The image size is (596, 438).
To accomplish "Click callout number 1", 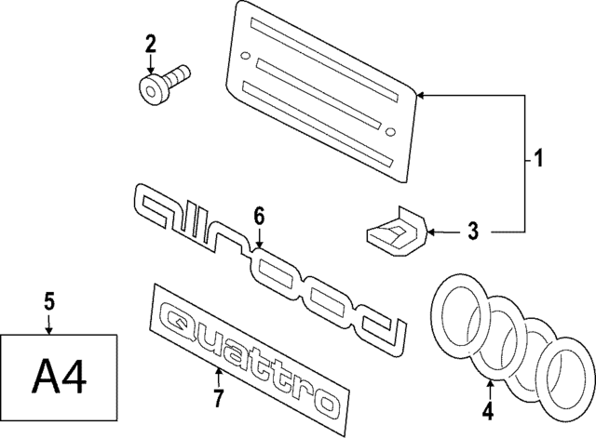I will coord(537,161).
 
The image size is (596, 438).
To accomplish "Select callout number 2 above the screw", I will coord(150,42).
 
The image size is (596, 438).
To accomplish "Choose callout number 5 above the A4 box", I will coord(49,299).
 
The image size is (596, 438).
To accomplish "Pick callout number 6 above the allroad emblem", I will coord(259,216).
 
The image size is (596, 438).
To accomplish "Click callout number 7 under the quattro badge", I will coord(218,399).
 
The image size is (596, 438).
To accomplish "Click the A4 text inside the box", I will coord(60,378).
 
